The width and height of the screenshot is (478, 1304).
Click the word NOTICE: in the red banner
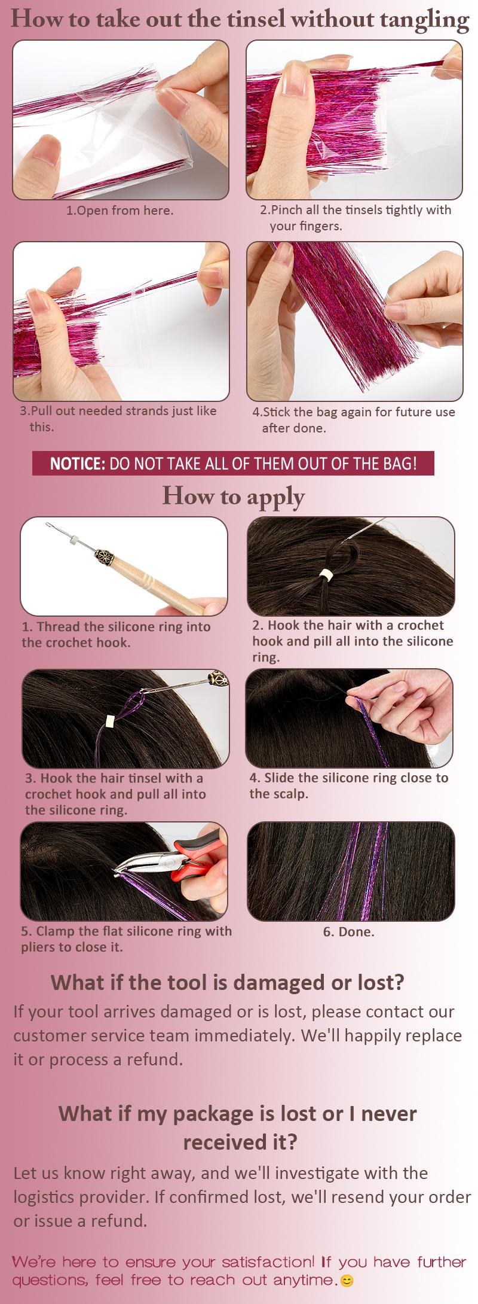point(78,464)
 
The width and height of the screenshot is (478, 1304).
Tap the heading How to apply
point(234,496)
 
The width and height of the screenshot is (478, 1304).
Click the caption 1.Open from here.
point(119,211)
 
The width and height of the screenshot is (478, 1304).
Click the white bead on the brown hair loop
point(326,575)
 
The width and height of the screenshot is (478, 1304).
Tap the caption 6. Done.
point(348,931)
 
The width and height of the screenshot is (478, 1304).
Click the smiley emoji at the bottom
point(347,1281)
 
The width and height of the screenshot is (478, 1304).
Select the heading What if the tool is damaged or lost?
point(227,982)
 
